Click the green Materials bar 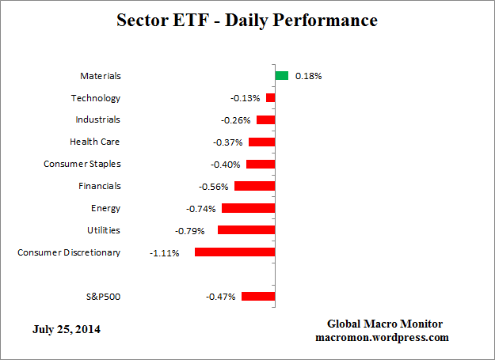281,76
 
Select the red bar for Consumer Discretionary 234,252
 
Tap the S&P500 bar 258,297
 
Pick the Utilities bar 246,230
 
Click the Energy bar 248,208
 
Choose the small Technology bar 270,98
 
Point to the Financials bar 254,187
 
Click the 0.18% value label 308,77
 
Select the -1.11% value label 165,253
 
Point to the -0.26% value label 235,120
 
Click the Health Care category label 95,142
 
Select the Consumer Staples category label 82,165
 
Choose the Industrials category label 97,120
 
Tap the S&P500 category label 103,297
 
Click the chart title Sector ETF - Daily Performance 247,20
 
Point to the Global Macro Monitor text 385,324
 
